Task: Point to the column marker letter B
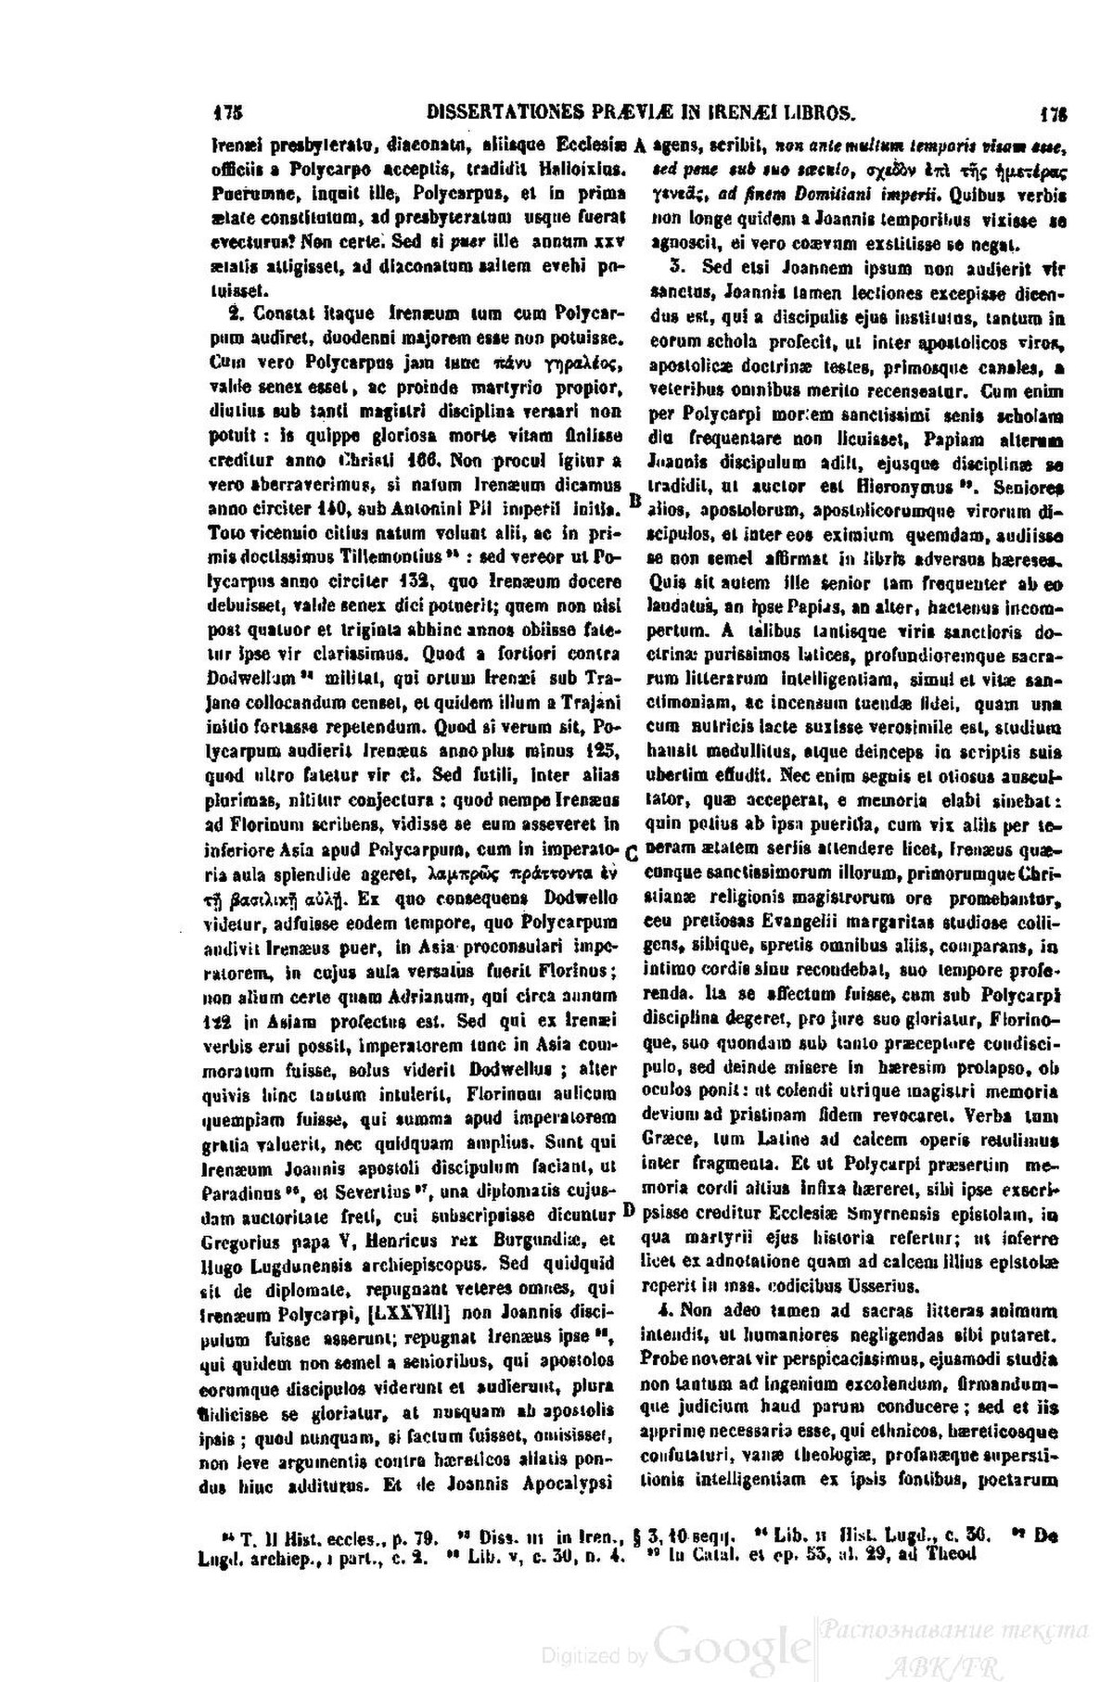[635, 500]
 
